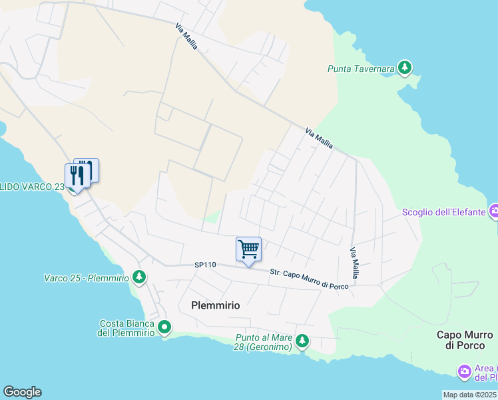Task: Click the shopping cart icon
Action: [x=248, y=249]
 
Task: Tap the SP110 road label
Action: [x=206, y=265]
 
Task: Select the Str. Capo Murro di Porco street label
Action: [x=309, y=279]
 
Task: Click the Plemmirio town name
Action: [x=215, y=305]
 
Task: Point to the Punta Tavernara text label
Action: [x=361, y=68]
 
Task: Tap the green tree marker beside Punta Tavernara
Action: [x=404, y=67]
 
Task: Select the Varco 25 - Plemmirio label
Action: [x=86, y=277]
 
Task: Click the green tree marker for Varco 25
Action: [x=138, y=276]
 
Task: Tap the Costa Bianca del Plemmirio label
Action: [x=126, y=327]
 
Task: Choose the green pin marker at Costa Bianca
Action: [x=164, y=327]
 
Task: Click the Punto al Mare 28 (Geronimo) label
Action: [x=264, y=342]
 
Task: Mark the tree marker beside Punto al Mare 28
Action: [x=302, y=341]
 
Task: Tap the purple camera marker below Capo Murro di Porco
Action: [x=464, y=371]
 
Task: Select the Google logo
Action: [x=22, y=392]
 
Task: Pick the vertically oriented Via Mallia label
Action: [x=355, y=263]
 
